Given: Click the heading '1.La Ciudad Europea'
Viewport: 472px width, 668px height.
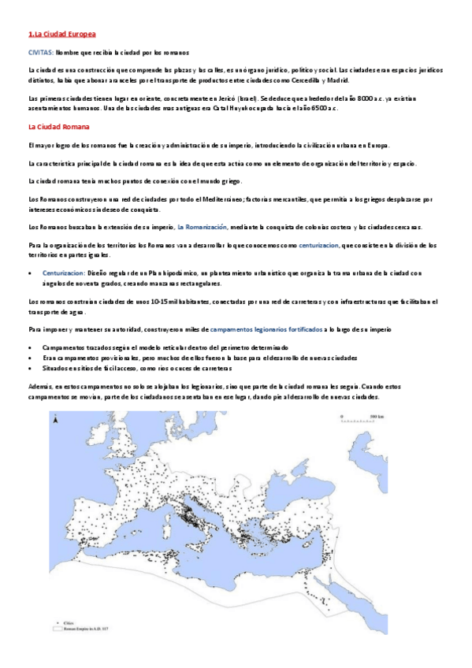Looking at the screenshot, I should [x=61, y=35].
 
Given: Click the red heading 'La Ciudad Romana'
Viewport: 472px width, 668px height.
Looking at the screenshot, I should [x=58, y=126].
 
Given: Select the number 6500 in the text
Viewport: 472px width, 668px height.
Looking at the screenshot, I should [x=320, y=108].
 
